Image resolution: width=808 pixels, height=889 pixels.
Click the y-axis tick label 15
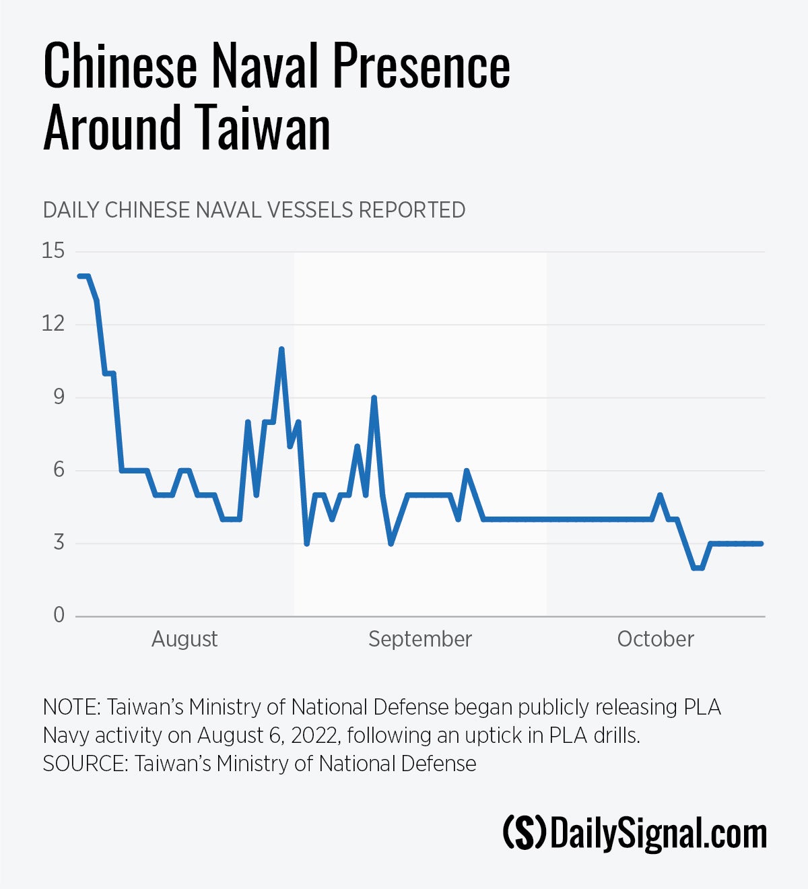[x=53, y=251]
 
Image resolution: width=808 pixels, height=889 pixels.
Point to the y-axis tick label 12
[x=53, y=324]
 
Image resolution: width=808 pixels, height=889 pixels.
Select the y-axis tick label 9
[x=59, y=397]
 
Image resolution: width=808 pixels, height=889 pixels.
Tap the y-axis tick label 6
[x=59, y=469]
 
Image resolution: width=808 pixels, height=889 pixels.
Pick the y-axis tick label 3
[x=59, y=542]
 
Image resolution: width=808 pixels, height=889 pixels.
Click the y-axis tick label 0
[x=59, y=615]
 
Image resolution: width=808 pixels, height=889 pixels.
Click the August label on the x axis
[x=184, y=639]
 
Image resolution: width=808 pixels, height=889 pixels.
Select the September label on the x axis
[x=420, y=639]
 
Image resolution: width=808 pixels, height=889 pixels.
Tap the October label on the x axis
[x=655, y=639]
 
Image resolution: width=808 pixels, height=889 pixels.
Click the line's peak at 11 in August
[x=281, y=349]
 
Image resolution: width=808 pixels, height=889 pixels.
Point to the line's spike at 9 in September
[x=374, y=397]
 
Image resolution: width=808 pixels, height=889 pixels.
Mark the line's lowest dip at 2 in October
[x=698, y=568]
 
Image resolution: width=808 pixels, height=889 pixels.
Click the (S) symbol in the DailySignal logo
[x=525, y=834]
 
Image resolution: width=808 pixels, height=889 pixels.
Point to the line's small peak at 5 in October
[x=660, y=495]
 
